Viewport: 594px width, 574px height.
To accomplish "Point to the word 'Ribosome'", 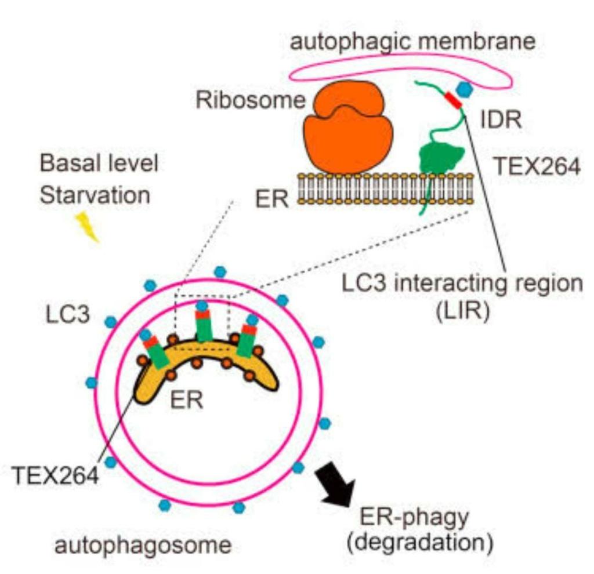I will pyautogui.click(x=250, y=100).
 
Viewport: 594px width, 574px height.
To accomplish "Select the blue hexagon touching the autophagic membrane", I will pyautogui.click(x=464, y=89).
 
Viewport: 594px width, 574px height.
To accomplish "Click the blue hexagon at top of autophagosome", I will pyautogui.click(x=219, y=271).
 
